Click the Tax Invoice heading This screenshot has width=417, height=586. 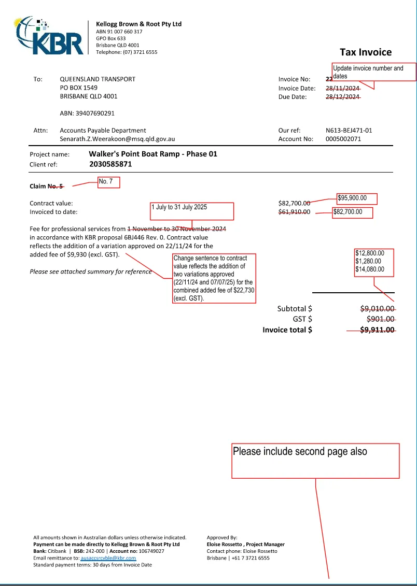366,52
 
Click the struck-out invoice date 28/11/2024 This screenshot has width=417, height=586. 342,88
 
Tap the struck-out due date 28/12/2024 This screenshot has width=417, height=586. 342,96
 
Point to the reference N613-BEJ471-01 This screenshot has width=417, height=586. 349,131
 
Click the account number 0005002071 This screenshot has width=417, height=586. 343,139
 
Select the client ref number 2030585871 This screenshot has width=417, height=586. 110,164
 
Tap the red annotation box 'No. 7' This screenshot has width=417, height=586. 109,182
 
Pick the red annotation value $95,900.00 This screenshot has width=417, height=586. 357,198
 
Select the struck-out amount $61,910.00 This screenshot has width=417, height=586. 295,212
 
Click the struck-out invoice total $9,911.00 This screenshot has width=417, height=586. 377,330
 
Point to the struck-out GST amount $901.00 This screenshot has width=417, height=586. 380,319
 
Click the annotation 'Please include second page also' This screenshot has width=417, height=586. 315,460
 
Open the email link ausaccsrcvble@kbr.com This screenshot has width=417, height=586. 108,558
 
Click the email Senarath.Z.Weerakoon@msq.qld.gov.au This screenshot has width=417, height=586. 117,139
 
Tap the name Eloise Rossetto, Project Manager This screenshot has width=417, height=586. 245,545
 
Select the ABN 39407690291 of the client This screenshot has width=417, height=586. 87,113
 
